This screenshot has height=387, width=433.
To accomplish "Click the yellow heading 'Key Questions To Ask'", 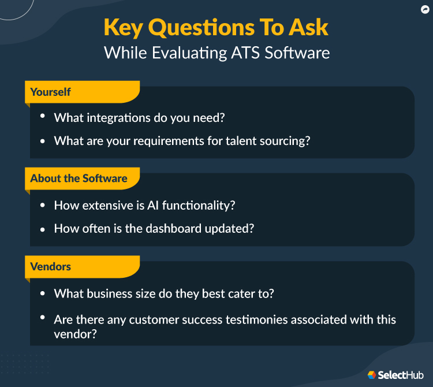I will [216, 28].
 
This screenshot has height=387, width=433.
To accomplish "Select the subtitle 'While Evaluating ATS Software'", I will [216, 53].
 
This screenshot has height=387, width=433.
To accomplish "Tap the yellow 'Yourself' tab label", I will [50, 92].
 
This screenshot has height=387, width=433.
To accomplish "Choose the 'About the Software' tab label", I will [79, 178].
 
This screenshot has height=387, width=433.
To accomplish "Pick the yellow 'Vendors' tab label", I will [51, 266].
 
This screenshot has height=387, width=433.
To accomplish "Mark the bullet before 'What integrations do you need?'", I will [43, 117].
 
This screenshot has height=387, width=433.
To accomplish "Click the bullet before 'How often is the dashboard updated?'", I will [43, 229].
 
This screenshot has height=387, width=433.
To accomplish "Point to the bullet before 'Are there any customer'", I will [43, 318].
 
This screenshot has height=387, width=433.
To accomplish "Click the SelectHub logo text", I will [401, 375].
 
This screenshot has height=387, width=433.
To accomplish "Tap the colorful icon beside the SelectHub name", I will [372, 375].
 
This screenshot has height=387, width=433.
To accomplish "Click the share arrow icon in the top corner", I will [425, 9].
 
